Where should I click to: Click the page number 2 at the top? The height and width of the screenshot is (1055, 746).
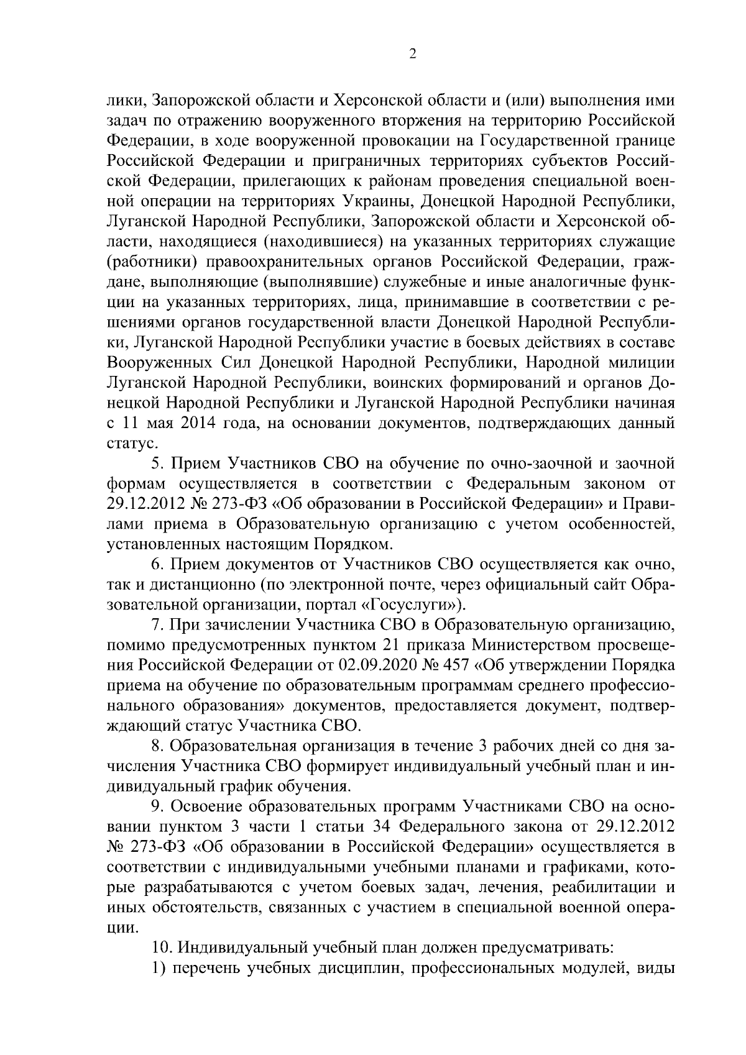click(x=412, y=55)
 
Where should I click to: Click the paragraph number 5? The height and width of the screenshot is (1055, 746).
click(x=157, y=464)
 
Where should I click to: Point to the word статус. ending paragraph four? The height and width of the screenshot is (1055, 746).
click(x=125, y=444)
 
